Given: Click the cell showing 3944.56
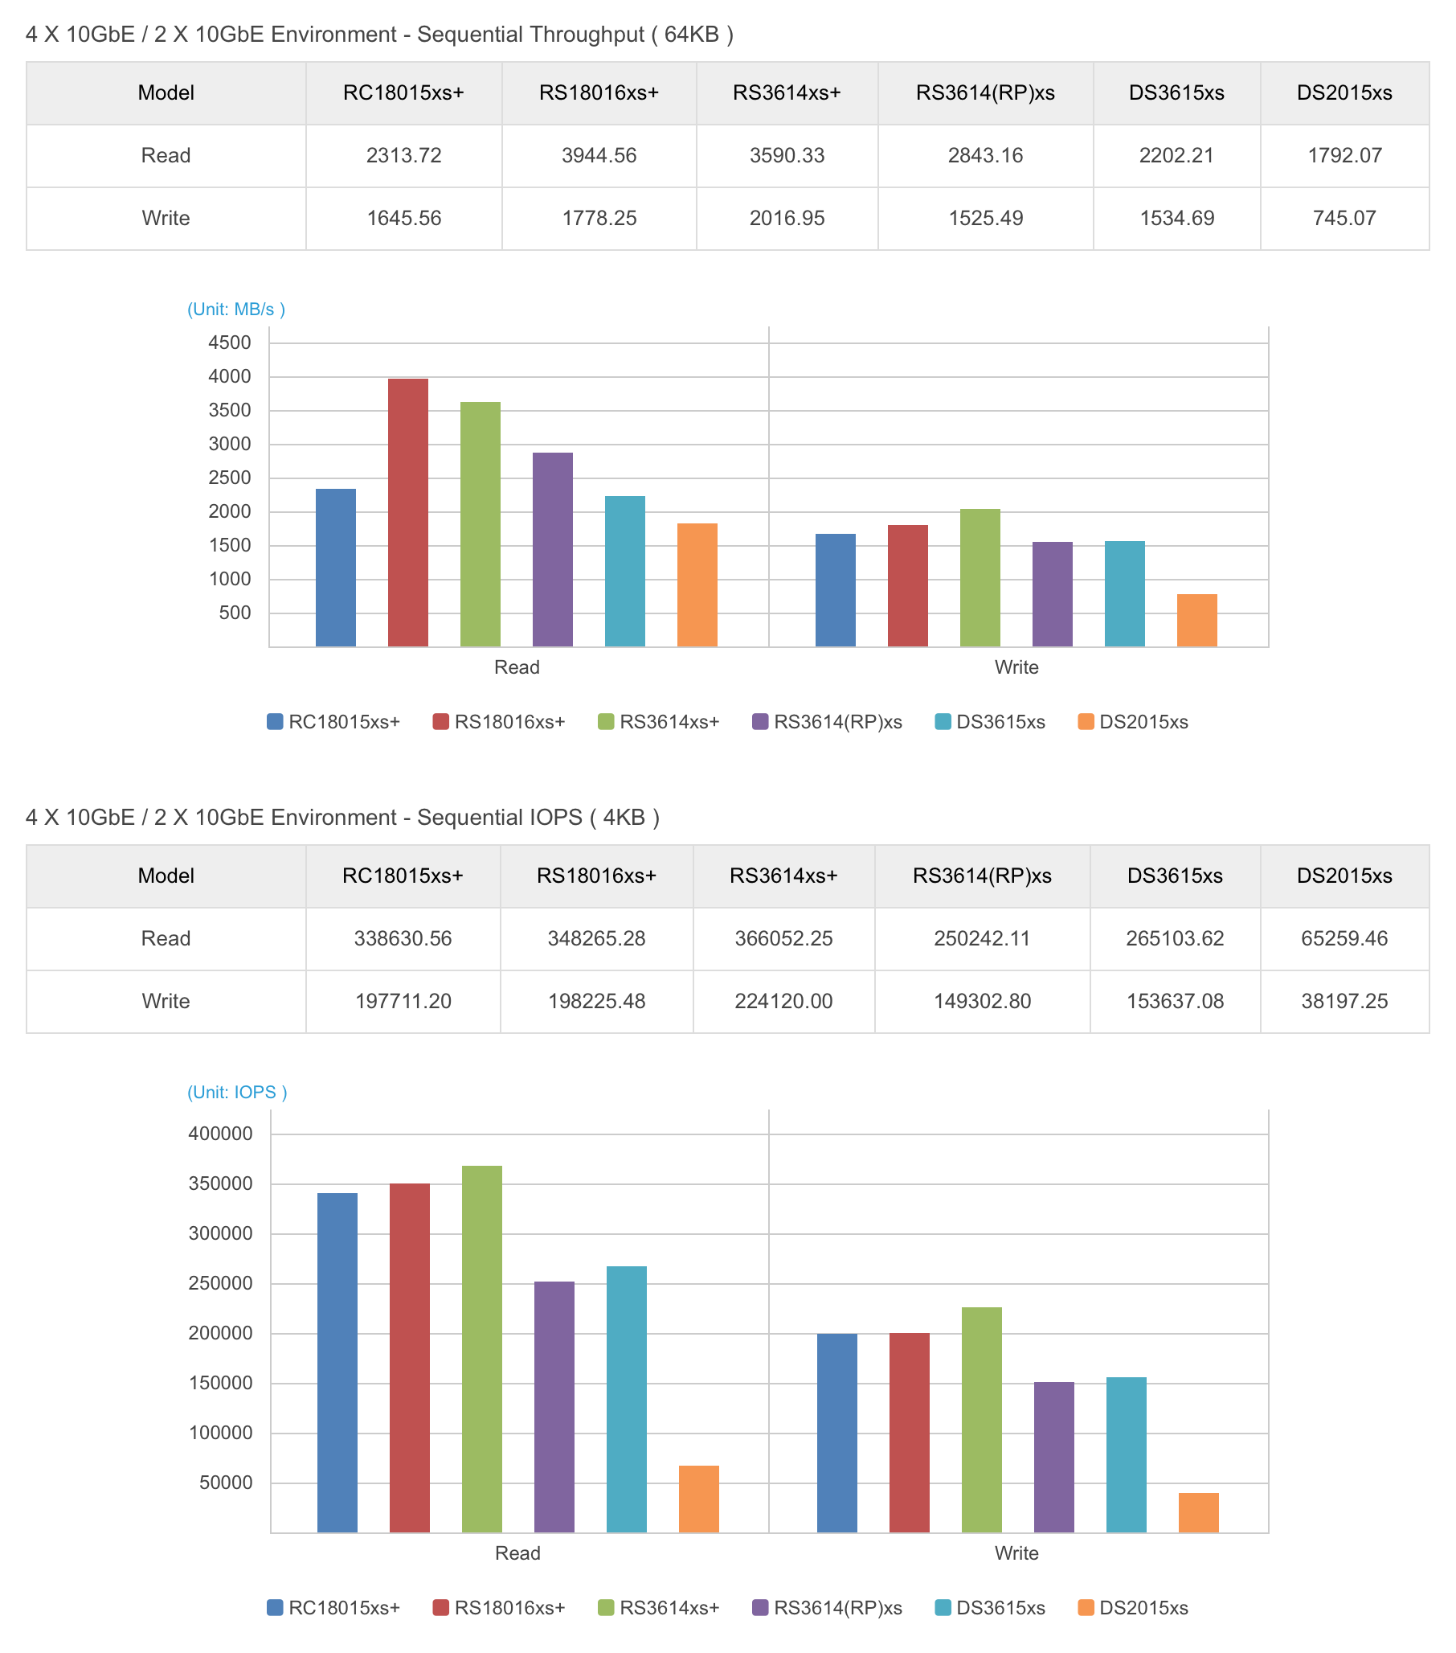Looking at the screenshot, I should pos(599,155).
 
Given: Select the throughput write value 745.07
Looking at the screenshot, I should pos(1344,219).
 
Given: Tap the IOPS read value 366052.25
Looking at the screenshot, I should pos(783,938).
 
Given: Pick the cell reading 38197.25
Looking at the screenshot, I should pos(1344,1001).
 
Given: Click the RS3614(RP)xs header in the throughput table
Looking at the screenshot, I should pos(984,93).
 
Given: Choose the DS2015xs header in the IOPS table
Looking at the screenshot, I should pos(1344,876).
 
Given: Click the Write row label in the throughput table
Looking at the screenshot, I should pos(166,219).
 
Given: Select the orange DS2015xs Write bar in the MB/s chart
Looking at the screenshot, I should pos(1196,621).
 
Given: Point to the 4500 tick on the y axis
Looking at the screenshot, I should pos(230,342).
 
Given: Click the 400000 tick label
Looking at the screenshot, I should pos(220,1134).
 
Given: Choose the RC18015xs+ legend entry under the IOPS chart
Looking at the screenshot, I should pos(334,1608).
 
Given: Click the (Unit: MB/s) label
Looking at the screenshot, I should pos(236,309).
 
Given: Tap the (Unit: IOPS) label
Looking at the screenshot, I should pos(237,1092).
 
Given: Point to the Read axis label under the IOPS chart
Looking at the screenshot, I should pos(517,1553).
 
